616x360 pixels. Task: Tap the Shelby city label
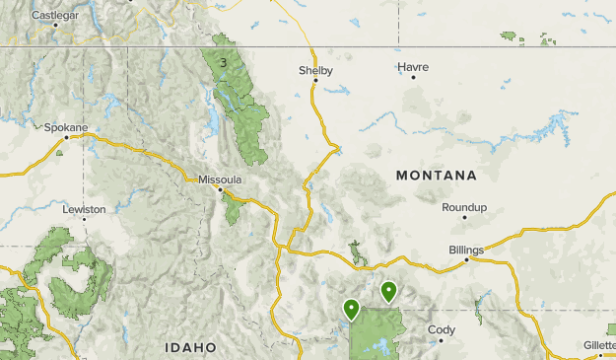point(315,70)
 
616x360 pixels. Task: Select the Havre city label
point(413,66)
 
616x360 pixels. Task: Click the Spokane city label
point(66,127)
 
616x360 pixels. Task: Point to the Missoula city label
point(220,180)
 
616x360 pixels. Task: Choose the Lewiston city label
point(84,210)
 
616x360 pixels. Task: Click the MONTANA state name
point(436,176)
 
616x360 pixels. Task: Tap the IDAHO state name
point(190,347)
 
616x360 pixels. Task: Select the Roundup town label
point(464,207)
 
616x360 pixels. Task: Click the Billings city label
point(466,250)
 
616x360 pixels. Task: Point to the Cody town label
point(441,329)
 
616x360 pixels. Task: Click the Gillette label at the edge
point(599,345)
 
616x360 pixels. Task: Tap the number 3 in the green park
point(224,63)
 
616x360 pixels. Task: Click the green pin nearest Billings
point(389,291)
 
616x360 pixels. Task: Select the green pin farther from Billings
point(351,309)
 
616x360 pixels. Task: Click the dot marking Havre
point(413,77)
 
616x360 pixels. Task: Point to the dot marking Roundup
point(464,218)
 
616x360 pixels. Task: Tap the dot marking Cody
point(441,340)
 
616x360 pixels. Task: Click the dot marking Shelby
point(315,81)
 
